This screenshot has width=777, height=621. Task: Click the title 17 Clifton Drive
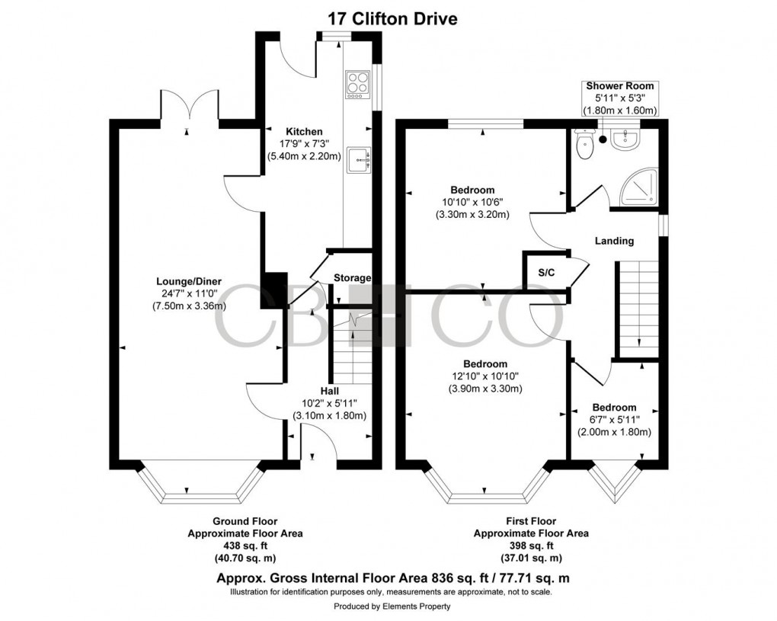tap(392, 18)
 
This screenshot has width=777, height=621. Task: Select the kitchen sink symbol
tap(358, 161)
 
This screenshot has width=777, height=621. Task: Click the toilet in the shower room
tap(585, 146)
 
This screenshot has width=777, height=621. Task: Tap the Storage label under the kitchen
tap(352, 278)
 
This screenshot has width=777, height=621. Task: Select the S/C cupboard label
tap(545, 272)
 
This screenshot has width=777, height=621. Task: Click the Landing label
tap(615, 241)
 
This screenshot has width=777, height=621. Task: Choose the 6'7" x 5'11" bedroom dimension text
tap(616, 420)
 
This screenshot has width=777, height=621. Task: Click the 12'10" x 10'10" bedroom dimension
tap(484, 376)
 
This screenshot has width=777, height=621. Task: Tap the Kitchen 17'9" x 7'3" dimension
tap(304, 144)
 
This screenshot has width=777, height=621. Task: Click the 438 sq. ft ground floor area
tap(245, 546)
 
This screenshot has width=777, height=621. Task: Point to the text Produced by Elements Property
tap(392, 607)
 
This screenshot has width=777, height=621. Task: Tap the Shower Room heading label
tap(619, 86)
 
